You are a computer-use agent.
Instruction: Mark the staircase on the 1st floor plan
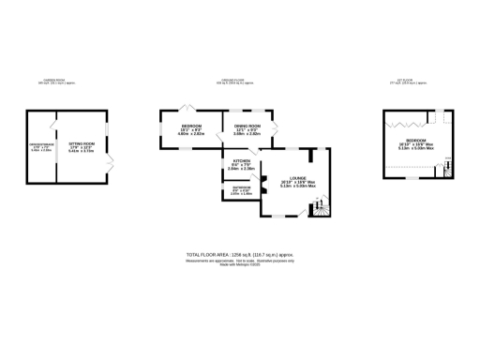pyautogui.click(x=447, y=170)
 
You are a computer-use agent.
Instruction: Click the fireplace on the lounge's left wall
pyautogui.click(x=264, y=187)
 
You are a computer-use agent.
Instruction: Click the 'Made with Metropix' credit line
pyautogui.click(x=239, y=264)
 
